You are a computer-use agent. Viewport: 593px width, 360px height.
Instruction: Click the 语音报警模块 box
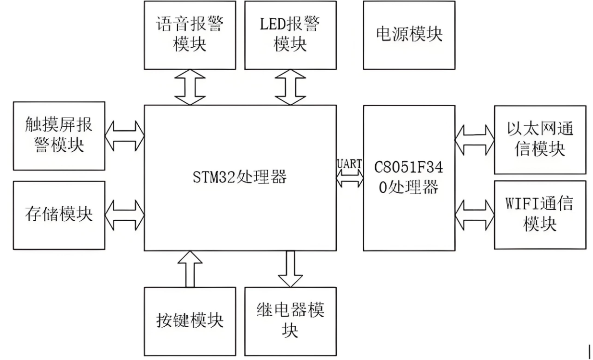point(190,35)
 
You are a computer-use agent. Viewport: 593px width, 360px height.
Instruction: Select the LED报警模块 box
point(290,35)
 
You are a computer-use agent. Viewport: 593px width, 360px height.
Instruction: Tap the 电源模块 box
point(409,35)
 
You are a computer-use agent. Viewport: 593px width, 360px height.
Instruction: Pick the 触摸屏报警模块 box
point(59,136)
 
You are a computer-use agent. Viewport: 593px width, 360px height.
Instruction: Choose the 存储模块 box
point(59,215)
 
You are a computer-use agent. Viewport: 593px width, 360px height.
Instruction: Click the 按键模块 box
point(190,321)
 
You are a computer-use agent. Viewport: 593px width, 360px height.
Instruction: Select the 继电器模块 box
point(290,321)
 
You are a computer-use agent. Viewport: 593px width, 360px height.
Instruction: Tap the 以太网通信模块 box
point(540,140)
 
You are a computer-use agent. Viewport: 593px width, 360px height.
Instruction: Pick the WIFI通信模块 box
point(540,215)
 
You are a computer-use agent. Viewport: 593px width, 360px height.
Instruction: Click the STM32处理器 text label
point(239,177)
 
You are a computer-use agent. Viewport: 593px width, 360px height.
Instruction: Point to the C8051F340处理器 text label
point(409,177)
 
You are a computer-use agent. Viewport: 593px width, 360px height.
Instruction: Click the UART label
point(350,164)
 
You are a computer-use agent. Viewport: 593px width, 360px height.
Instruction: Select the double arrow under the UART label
point(350,178)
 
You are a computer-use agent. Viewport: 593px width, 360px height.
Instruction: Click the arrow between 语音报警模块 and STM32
point(190,87)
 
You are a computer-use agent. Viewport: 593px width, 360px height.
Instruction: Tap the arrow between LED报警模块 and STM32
point(290,87)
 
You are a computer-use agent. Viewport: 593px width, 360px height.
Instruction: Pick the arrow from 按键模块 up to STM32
point(190,269)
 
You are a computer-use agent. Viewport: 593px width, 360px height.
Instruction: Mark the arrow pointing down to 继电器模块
point(290,269)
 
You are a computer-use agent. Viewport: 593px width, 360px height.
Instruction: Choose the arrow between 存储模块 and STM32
point(125,215)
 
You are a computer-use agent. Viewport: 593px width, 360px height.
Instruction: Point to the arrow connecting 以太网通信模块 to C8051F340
point(474,140)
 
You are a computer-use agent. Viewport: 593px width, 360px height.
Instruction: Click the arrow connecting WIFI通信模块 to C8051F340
point(474,215)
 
